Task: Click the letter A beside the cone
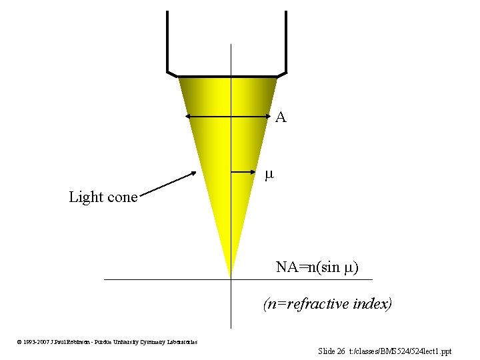pos(281,118)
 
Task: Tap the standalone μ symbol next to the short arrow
pos(269,175)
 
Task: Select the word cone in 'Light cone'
pos(123,197)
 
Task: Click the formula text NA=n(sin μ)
pos(317,267)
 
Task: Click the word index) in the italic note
pos(372,304)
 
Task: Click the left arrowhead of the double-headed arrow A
pos(189,117)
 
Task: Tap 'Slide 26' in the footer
pos(331,351)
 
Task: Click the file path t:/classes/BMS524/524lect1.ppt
pos(405,351)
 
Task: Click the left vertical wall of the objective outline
pos(167,40)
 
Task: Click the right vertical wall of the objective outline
pos(286,40)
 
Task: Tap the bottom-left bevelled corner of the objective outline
pos(171,73)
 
